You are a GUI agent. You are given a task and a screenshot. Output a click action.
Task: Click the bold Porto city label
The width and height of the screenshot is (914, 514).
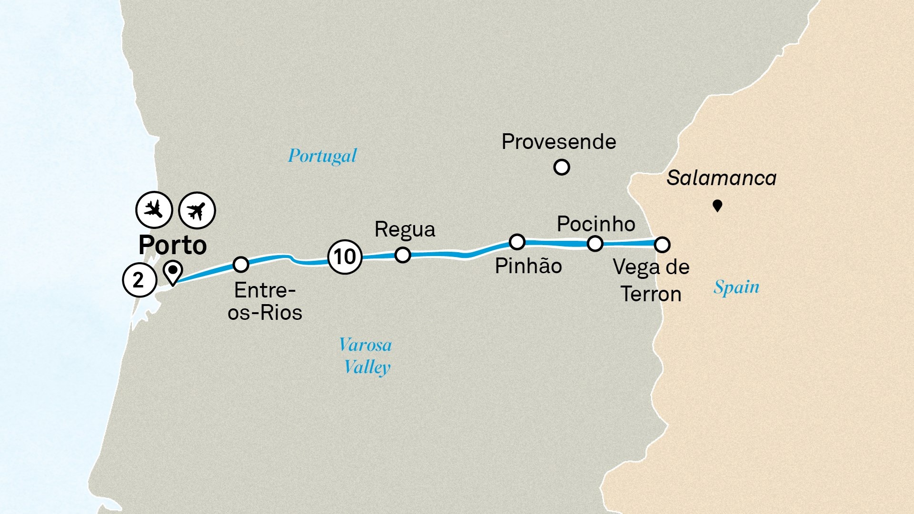pos(172,246)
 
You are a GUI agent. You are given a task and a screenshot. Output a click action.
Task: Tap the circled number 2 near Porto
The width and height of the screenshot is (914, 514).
pos(139,280)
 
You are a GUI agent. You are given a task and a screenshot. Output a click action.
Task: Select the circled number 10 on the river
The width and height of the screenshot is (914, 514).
pos(345,257)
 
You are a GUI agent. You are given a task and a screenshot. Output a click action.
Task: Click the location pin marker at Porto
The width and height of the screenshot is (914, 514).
pos(173,272)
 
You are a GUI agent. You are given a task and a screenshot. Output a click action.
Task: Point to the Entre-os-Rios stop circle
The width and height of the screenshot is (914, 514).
pos(241,264)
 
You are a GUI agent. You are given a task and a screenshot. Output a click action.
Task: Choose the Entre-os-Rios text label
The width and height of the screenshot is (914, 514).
pos(265,301)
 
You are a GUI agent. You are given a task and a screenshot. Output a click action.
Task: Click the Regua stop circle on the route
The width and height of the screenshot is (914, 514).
pos(403,255)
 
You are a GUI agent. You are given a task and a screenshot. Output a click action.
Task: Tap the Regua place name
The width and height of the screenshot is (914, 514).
pos(405,229)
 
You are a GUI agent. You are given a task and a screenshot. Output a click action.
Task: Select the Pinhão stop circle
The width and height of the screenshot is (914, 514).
pos(517,242)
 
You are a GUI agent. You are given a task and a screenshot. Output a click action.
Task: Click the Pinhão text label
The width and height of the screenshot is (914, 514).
pos(528,266)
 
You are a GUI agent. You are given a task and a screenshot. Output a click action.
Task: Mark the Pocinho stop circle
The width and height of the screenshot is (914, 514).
pos(595,244)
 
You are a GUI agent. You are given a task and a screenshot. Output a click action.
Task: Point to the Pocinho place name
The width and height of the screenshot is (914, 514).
pos(596,224)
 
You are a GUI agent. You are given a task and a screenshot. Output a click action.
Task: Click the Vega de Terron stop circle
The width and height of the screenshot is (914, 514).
pos(662,245)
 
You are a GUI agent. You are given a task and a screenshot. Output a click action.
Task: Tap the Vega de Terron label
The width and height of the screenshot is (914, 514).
pos(651,280)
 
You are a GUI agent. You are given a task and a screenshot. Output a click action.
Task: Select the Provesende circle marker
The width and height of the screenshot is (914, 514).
pos(562,168)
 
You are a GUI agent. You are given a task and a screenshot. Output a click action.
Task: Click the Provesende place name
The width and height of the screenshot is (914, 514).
pos(559,142)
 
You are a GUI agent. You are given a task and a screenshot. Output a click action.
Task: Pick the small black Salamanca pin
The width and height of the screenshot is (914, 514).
pos(717,206)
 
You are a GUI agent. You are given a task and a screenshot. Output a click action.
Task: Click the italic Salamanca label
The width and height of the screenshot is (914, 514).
pos(721,178)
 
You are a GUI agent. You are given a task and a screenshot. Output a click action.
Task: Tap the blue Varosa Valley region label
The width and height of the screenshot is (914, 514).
pos(366,356)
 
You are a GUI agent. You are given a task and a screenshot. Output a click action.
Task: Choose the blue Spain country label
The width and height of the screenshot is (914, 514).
pos(736,287)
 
